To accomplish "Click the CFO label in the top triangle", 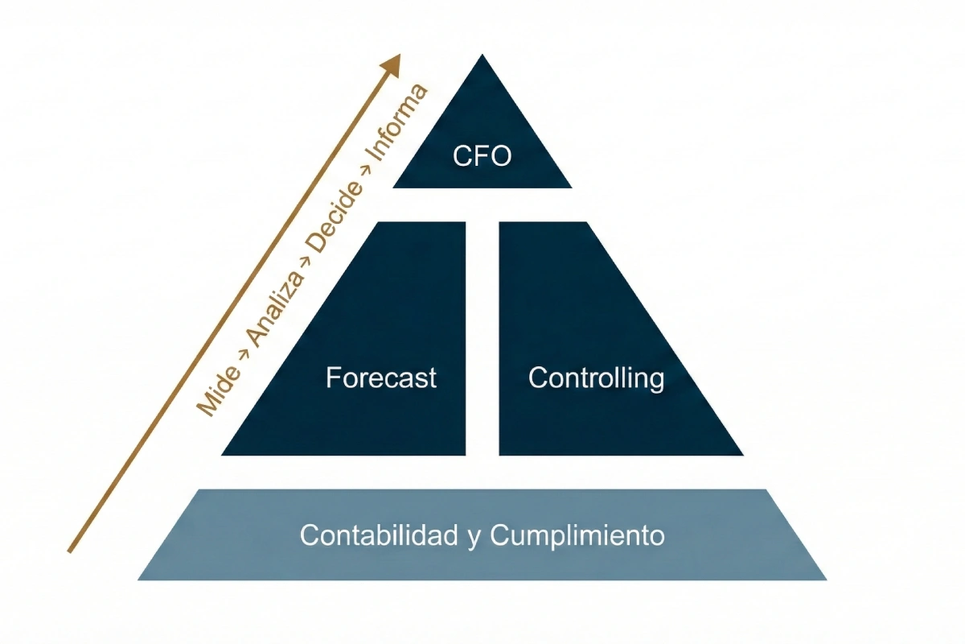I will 482,155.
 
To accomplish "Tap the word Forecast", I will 381,378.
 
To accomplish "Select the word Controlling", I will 596,378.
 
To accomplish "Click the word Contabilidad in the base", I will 379,535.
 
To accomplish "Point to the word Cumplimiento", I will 577,535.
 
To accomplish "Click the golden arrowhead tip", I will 399,56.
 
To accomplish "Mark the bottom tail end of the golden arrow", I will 70,551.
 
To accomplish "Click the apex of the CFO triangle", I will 482,55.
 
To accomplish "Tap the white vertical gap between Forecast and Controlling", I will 482,338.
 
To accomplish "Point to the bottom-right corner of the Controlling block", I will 743,455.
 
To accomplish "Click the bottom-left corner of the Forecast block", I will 222,455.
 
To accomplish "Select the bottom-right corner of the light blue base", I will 826,580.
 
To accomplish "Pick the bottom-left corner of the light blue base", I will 138,580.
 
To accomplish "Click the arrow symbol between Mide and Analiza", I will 242,357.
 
